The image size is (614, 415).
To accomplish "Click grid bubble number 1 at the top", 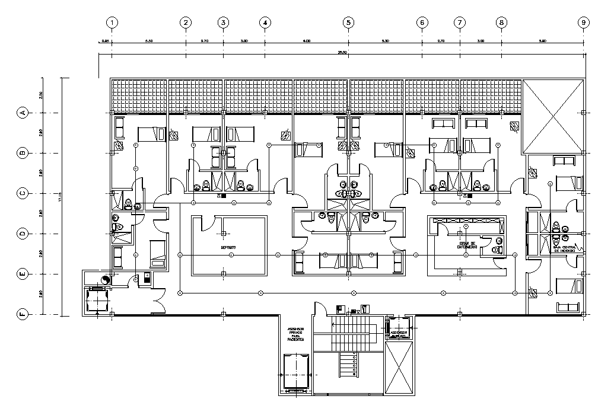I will (x=112, y=23).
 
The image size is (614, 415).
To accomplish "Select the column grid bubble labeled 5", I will (x=348, y=23).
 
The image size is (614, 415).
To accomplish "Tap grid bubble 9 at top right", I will (x=584, y=23).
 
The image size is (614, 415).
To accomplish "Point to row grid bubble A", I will (x=23, y=113).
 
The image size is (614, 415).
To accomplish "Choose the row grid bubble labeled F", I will (x=23, y=314).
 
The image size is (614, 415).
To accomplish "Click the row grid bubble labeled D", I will (x=23, y=234).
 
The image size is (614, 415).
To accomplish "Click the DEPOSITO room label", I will (x=229, y=247).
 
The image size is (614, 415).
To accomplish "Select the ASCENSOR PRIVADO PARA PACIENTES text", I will (x=295, y=334).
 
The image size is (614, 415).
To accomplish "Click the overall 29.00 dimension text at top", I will (x=342, y=53).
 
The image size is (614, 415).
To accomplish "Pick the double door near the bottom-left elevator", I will (x=157, y=304).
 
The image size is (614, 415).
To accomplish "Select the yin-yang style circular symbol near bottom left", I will (x=106, y=279).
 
